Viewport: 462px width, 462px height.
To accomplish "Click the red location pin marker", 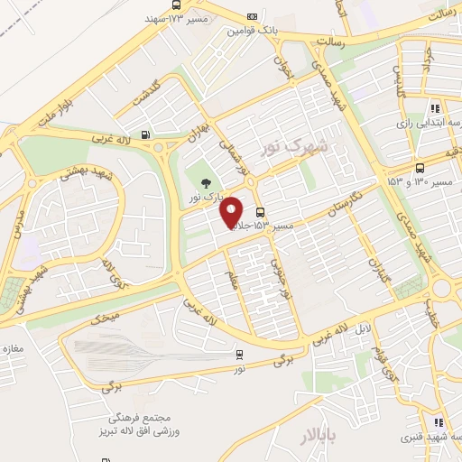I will pos(233,211).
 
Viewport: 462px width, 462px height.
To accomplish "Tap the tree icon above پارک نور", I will pos(208,184).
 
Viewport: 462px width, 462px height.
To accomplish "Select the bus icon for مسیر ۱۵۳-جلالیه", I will pos(260,212).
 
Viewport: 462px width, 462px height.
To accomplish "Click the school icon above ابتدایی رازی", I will pos(435,109).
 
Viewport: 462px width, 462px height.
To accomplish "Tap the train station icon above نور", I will pos(239,353).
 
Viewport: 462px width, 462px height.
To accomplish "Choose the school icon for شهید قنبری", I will pos(438,421).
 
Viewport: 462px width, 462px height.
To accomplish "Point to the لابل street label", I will pos(360,329).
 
